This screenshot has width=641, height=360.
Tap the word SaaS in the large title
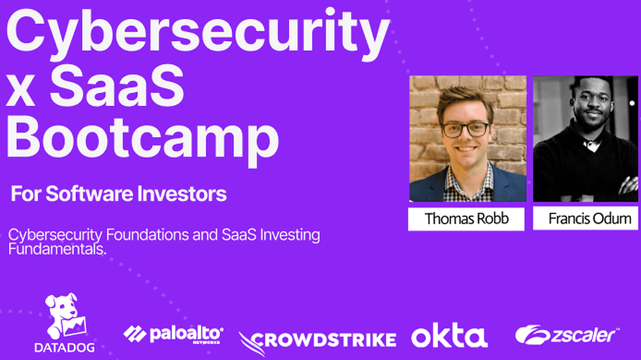117,86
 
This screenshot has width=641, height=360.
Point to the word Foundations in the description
147,235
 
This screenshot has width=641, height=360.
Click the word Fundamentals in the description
57,249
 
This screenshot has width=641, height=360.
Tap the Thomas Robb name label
467,219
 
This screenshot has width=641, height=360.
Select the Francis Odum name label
585,219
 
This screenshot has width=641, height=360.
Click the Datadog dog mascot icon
65,316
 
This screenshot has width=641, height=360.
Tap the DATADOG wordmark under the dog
65,347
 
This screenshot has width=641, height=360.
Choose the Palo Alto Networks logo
174,334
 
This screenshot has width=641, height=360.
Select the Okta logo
449,335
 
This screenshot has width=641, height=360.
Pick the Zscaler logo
567,335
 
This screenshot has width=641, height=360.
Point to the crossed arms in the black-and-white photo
627,186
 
